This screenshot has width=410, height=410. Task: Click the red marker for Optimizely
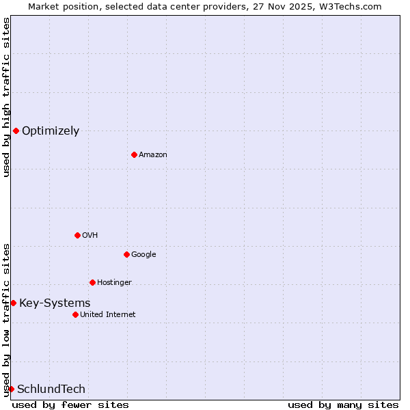tap(16, 131)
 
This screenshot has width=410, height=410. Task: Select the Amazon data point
tap(134, 154)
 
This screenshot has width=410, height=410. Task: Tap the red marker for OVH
tap(77, 235)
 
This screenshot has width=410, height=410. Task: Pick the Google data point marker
tap(126, 254)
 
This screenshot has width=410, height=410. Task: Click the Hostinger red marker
tap(92, 282)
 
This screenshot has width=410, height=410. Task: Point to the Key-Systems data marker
tap(13, 303)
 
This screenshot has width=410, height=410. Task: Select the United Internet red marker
tap(75, 314)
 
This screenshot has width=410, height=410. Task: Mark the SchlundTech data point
tap(11, 389)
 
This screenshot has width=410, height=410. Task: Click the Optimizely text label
tap(51, 131)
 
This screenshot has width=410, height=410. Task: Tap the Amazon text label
tap(153, 155)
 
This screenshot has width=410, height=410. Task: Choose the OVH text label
tap(90, 236)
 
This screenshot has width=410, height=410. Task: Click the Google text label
tap(143, 255)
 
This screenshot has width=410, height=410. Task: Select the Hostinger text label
tap(114, 283)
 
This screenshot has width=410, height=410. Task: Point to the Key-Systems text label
tap(55, 303)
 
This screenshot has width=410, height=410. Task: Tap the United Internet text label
tap(107, 315)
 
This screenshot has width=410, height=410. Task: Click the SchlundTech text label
tap(51, 389)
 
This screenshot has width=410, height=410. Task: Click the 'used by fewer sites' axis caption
tap(70, 405)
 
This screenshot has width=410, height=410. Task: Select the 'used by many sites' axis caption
tap(343, 405)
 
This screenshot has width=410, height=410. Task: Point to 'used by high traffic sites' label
tap(6, 97)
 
